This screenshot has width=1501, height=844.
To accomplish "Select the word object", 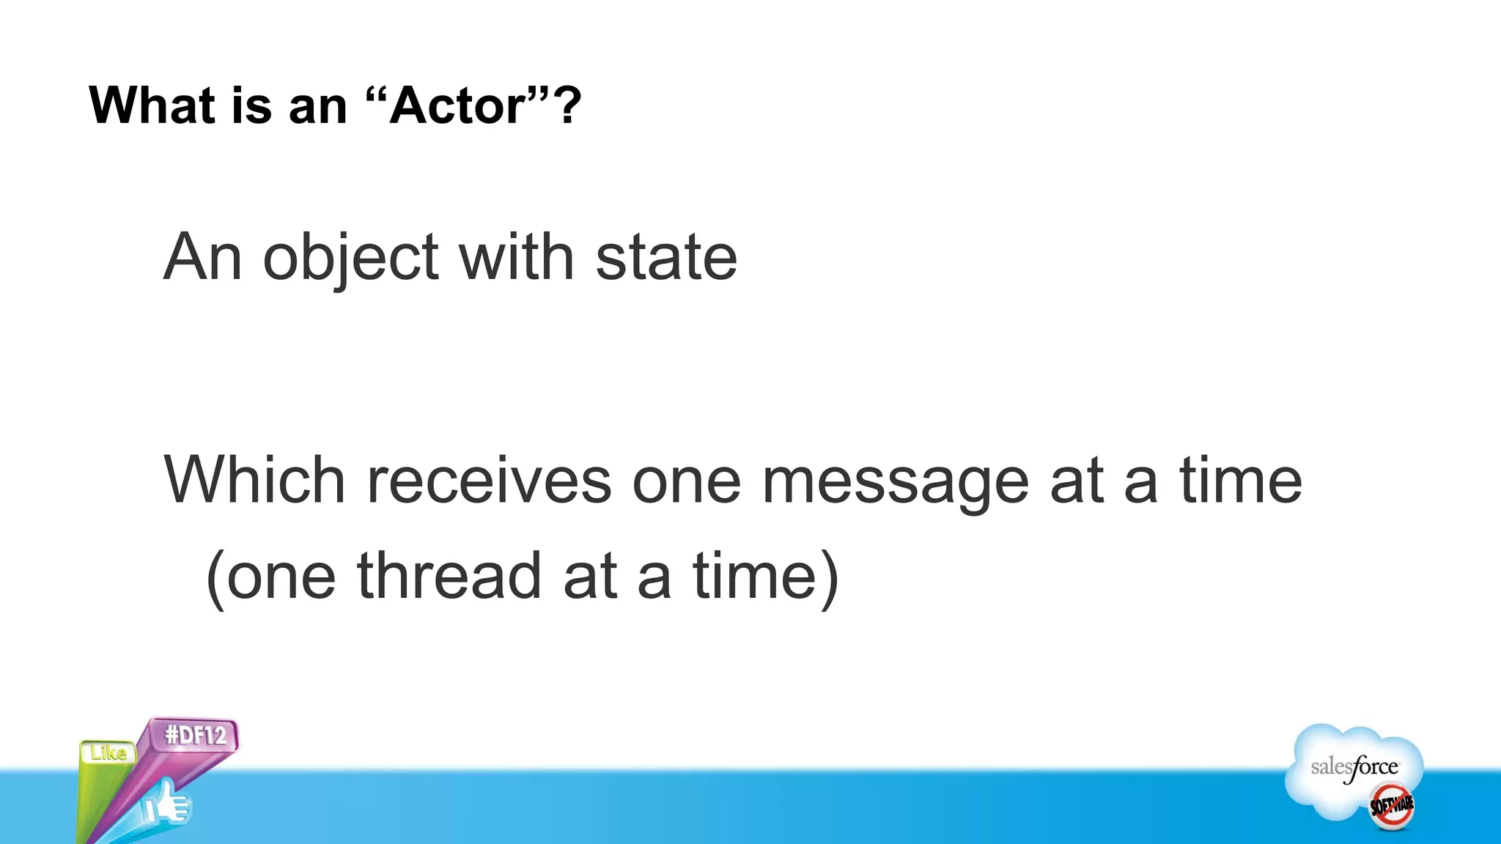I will pos(350,258).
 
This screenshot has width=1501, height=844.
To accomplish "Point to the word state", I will pos(665,258).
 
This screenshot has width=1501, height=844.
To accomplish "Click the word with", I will pos(516,258).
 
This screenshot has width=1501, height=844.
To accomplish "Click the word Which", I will pos(254,481).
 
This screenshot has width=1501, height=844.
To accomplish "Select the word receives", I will pos(488,481).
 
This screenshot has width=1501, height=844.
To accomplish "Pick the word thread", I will pos(449,576).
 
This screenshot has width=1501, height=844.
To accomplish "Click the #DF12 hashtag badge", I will pos(195,735).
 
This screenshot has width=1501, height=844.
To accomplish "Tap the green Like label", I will pos(108,752).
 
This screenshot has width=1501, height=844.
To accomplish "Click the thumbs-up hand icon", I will pos(166,804).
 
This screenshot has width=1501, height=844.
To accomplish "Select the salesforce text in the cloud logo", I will pos(1354,767).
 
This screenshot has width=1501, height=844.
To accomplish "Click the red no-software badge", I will pos(1391,805).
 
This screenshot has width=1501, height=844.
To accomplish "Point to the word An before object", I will pos(202,258).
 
